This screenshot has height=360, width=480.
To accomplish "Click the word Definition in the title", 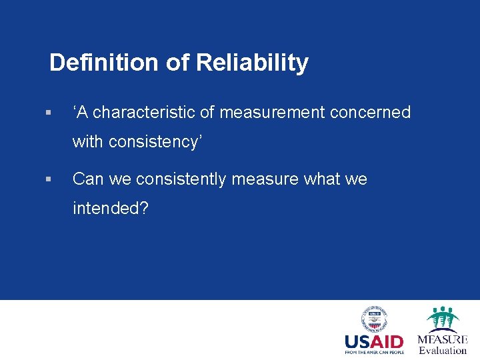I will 104,63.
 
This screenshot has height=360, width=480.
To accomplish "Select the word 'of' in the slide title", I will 177,63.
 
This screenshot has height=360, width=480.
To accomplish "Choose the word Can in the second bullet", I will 87,179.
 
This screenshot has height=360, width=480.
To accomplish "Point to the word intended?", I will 111,209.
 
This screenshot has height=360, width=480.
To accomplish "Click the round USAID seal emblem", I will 375,319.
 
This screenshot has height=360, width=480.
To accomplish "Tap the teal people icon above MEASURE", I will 443,319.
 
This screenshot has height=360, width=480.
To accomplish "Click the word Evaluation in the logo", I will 443,351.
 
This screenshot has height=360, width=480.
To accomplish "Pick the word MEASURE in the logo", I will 443,339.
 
